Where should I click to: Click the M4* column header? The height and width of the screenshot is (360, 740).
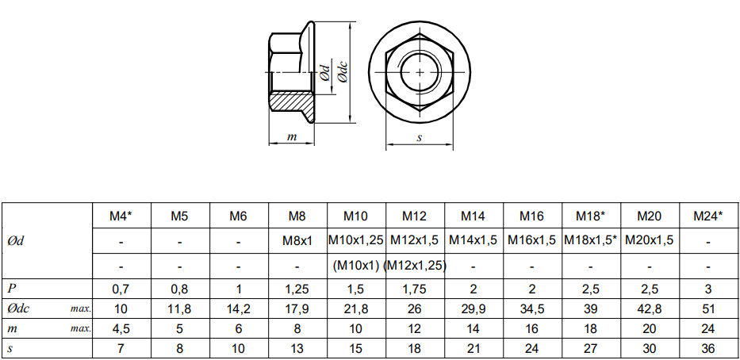(x=121, y=216)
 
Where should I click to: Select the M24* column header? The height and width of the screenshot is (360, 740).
(x=708, y=216)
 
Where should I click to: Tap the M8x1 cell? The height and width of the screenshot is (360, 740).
(x=297, y=240)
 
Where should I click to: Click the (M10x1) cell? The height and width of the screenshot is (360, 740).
(x=356, y=266)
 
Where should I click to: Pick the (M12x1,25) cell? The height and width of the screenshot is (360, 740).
(x=415, y=266)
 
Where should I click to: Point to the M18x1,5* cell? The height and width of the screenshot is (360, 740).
(x=590, y=240)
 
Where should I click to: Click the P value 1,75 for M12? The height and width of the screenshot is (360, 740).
(x=415, y=289)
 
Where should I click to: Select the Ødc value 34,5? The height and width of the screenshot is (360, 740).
(x=532, y=309)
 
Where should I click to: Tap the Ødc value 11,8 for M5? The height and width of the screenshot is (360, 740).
(x=180, y=309)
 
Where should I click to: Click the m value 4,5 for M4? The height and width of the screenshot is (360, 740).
(x=121, y=329)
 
